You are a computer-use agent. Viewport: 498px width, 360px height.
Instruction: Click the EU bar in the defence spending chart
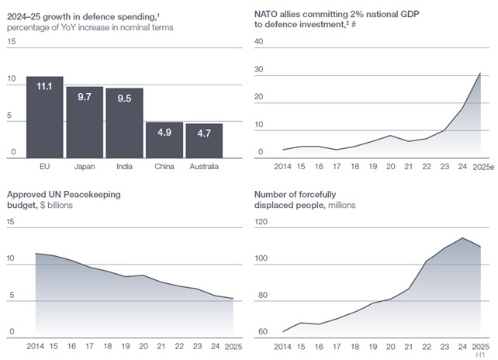[x=45, y=117]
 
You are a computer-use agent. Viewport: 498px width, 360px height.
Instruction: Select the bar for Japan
[x=85, y=122]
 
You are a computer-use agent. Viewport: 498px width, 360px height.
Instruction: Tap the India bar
[x=124, y=123]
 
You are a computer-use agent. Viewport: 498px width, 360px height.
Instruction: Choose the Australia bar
[x=204, y=140]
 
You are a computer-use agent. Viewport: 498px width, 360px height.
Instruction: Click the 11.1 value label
[x=45, y=87]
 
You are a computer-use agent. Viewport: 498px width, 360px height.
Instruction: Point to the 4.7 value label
[x=204, y=133]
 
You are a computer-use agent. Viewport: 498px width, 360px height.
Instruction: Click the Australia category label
[x=204, y=166]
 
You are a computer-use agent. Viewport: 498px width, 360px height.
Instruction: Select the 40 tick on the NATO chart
[x=259, y=41]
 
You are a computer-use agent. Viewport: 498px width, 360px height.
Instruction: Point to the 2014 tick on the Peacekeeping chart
[x=36, y=344]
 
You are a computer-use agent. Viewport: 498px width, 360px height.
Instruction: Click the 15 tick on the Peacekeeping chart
[x=10, y=221]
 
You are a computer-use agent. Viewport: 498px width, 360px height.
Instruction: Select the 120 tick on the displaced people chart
[x=261, y=221]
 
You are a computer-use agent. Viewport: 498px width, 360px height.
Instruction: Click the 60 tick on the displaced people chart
[x=261, y=332]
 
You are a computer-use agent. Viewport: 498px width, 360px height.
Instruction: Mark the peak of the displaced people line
[x=462, y=238]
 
